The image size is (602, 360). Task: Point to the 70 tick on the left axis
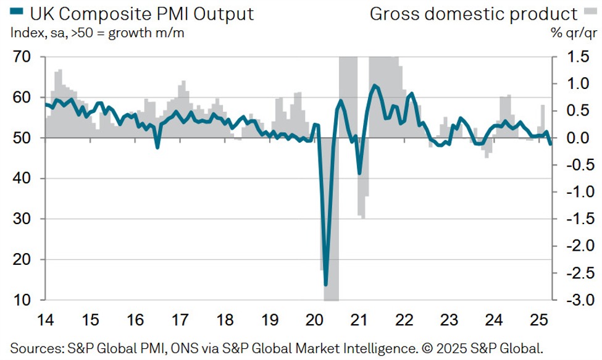(23, 57)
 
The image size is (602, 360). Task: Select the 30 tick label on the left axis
(23, 219)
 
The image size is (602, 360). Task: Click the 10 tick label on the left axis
(23, 301)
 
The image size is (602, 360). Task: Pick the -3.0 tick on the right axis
(574, 301)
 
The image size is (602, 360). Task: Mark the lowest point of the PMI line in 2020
(325, 285)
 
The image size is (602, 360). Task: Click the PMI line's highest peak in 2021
(375, 85)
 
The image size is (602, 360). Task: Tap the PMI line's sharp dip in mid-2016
(157, 148)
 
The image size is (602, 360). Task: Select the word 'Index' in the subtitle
(24, 33)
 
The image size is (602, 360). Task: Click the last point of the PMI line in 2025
(551, 143)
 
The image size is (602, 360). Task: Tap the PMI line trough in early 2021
(359, 174)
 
